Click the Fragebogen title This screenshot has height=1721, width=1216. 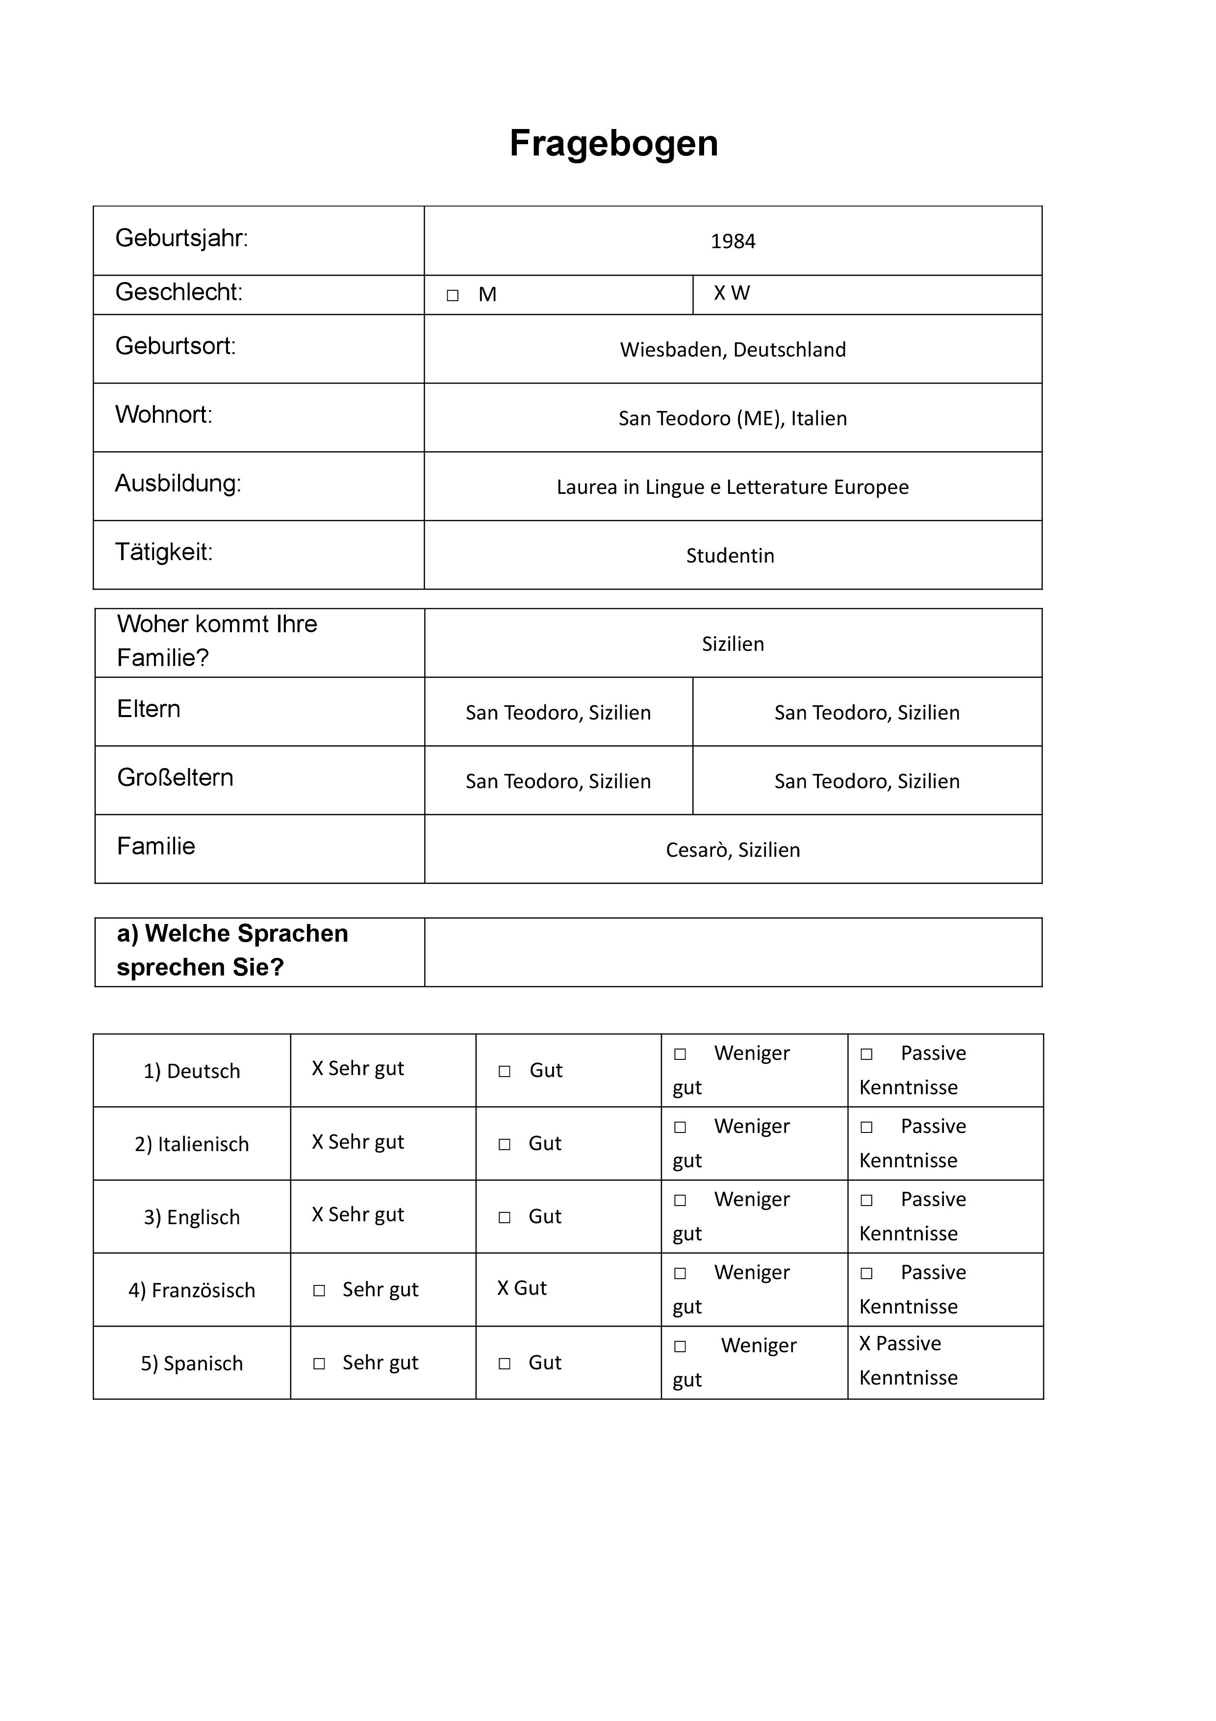pos(613,143)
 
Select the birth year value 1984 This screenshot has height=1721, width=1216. pos(732,241)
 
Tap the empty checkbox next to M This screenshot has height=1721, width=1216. pos(453,295)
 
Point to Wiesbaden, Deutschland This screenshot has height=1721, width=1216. pos(732,350)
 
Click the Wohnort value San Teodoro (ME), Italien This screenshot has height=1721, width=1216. pos(732,418)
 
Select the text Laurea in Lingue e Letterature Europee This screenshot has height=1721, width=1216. pos(732,487)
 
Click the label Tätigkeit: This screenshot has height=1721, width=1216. pos(163,552)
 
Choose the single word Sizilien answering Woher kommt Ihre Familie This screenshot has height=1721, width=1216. pos(732,644)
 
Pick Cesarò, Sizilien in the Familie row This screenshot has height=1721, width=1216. pos(732,850)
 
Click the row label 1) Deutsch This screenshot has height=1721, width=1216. pos(192,1071)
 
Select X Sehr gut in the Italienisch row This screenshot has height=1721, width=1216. pos(357,1142)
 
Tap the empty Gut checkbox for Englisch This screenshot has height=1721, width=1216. pos(504,1217)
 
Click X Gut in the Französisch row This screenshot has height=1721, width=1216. pos(522,1288)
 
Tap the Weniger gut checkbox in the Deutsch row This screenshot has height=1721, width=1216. pos(680,1054)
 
